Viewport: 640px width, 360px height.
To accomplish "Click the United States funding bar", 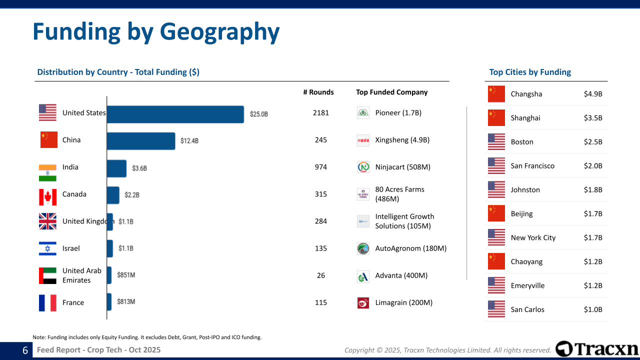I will (175, 114).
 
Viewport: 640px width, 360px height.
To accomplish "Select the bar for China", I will (141, 141).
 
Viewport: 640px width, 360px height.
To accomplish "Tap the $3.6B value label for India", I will (139, 168).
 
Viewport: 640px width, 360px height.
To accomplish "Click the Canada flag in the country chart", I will (48, 197).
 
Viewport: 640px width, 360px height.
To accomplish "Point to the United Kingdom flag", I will (48, 221).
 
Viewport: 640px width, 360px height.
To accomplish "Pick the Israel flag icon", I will (48, 248).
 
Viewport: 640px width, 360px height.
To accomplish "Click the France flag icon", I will (48, 303).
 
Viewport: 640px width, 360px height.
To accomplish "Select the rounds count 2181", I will (321, 113).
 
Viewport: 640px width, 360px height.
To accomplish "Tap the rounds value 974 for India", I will (321, 167).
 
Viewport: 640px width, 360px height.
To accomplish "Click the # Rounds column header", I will (318, 92).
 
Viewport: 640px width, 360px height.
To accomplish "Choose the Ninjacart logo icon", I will (363, 167).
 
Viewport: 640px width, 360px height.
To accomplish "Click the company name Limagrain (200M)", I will (404, 302).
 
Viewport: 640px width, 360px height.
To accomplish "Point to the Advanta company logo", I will (363, 276).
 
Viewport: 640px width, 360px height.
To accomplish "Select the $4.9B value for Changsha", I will (593, 94).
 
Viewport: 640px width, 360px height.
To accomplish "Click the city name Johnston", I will (525, 190).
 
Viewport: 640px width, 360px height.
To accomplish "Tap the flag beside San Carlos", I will (496, 309).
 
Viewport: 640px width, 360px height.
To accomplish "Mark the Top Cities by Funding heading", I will (530, 72).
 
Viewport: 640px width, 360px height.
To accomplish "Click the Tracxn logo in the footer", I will (597, 349).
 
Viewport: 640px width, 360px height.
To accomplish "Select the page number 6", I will (25, 350).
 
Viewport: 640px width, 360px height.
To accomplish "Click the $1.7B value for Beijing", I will (593, 214).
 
